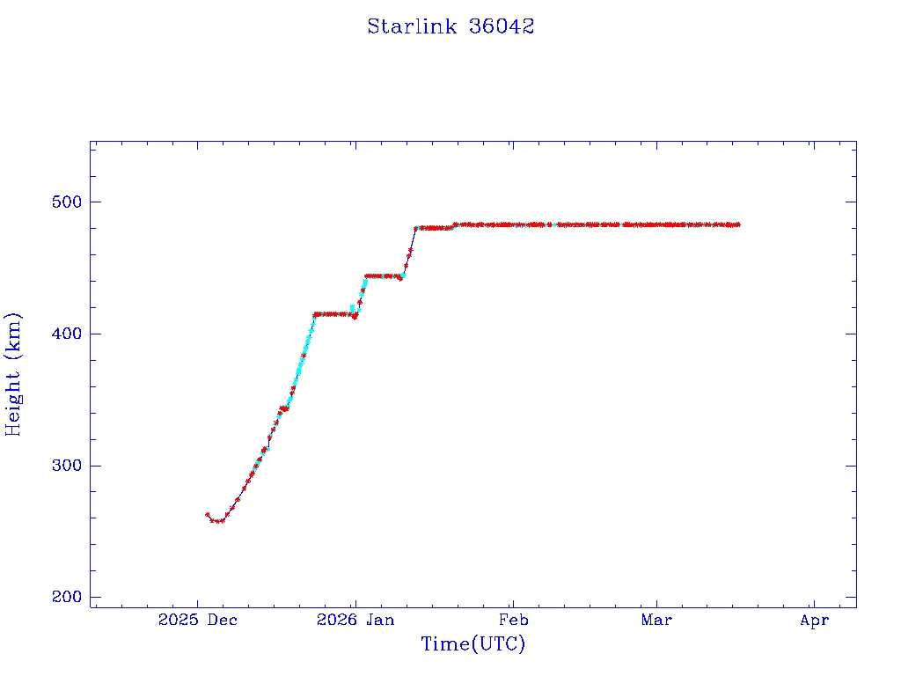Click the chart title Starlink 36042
coord(450,26)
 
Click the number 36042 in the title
coord(502,26)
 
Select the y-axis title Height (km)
coord(14,374)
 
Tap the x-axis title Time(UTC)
coord(473,644)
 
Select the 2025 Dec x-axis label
coord(198,621)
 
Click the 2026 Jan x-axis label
coord(355,621)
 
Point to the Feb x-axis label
coord(513,621)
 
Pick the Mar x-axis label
coord(656,621)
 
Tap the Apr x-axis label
coord(815,621)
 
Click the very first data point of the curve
coord(207,514)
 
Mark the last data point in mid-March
coord(738,224)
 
